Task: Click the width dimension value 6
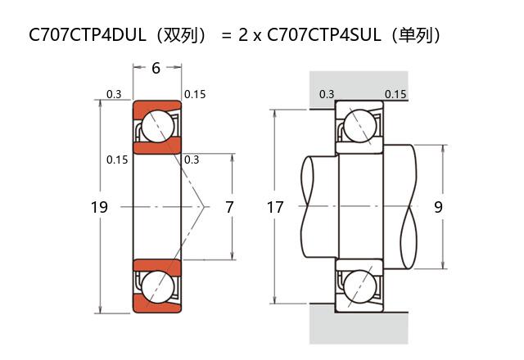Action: [x=156, y=68]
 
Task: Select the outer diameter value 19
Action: [x=98, y=208]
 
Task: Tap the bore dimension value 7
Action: [x=229, y=208]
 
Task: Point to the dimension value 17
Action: [x=275, y=208]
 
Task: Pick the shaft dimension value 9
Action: [x=439, y=208]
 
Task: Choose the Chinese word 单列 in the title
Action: [x=418, y=35]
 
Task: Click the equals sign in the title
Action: [x=227, y=36]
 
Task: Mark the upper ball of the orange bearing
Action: [x=156, y=127]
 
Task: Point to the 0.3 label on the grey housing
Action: [x=327, y=94]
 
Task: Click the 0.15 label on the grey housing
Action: [x=395, y=94]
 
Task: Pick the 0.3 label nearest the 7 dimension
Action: [x=193, y=160]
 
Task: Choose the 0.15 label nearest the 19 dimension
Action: [x=117, y=160]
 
